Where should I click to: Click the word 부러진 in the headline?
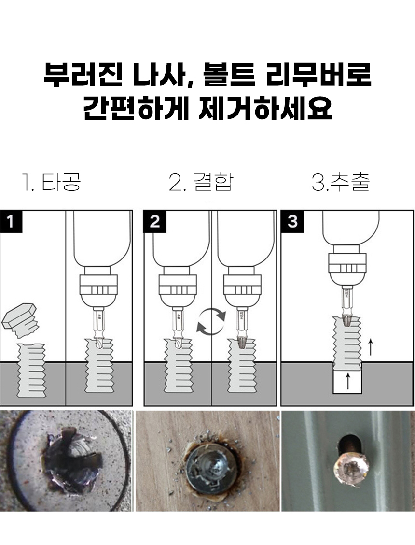83,74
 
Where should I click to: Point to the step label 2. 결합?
201,182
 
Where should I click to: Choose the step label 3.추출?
341,182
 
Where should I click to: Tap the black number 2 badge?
154,221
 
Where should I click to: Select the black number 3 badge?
292,221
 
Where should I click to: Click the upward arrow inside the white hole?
348,381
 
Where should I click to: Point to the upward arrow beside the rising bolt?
371,348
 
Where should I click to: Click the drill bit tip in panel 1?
98,344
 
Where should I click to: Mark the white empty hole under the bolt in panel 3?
347,381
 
